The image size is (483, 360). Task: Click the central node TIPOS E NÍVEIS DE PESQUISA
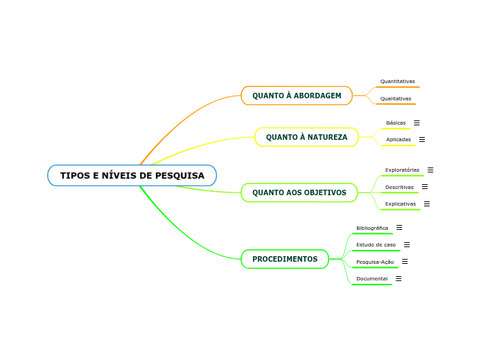coord(132,175)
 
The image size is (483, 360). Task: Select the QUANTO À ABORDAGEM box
coord(297,96)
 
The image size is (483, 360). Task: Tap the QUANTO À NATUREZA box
coord(306,137)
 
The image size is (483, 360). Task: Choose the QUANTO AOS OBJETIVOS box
coord(299,192)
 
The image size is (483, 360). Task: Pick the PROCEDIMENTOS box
coord(285,259)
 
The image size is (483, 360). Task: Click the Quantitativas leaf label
coord(397,81)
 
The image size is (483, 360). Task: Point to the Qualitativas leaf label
coord(395,98)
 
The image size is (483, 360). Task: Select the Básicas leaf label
coord(396,123)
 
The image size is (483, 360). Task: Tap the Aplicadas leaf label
coord(398,139)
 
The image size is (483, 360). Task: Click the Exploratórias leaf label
coord(402,170)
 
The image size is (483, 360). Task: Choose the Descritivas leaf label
coord(399,187)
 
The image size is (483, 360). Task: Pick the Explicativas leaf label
coord(401,204)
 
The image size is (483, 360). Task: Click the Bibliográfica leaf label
coord(372,228)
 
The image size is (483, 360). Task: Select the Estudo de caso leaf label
coord(376,244)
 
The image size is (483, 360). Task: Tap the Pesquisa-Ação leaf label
coord(374,262)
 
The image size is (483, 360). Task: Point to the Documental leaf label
coord(371,278)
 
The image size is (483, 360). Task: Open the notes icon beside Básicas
coord(416,123)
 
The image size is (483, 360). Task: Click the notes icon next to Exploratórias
coord(430,170)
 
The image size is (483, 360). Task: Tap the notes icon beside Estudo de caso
coord(407,244)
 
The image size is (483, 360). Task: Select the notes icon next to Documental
coord(398,278)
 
